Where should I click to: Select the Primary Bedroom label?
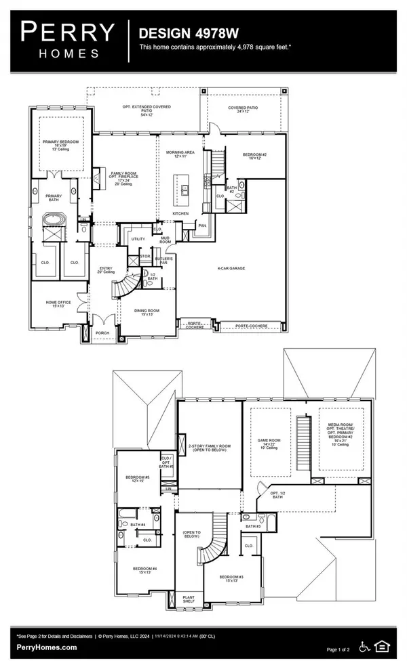[61, 144]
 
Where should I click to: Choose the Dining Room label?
[149, 312]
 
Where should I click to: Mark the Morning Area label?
[180, 154]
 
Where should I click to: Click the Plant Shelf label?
[189, 600]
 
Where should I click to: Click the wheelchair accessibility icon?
[362, 647]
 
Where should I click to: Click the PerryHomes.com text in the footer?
[47, 647]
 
